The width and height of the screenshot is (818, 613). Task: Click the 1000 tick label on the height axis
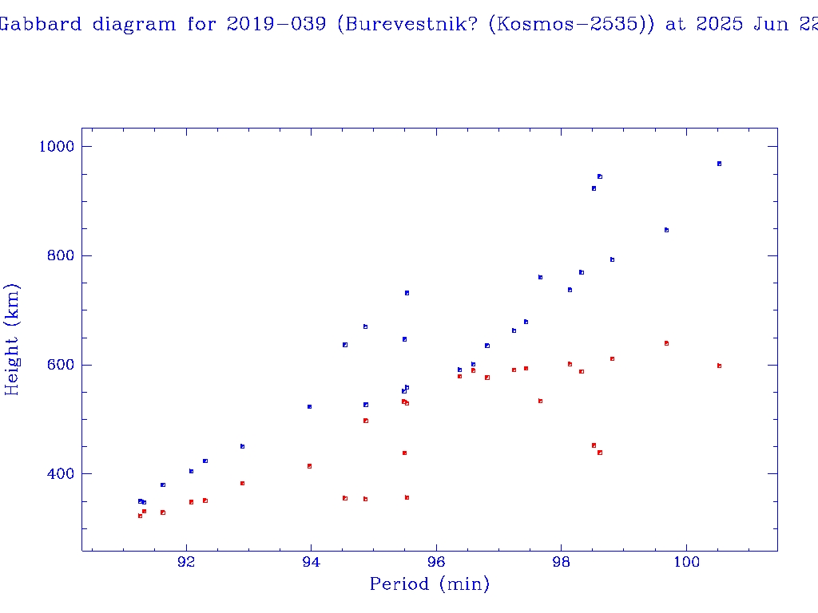coord(56,147)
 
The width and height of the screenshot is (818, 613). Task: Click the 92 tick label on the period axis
coord(186,562)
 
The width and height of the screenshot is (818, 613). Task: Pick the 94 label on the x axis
coord(312,562)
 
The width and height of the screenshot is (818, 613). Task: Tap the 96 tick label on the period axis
coord(436,562)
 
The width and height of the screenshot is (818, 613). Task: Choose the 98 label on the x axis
coord(562,562)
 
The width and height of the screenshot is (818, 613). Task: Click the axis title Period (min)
coord(429,584)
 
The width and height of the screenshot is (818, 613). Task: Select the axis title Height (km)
coord(12,339)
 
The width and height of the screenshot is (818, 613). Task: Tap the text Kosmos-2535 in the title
coord(568,24)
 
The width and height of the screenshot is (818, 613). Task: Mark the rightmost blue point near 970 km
coord(719,164)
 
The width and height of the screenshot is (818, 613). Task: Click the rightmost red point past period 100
coord(719,366)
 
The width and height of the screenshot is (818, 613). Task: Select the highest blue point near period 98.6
coord(599,176)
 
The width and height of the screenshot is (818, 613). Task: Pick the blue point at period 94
coord(309,407)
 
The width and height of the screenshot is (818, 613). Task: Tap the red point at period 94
coord(309,466)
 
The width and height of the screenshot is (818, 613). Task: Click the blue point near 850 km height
coord(666,230)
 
